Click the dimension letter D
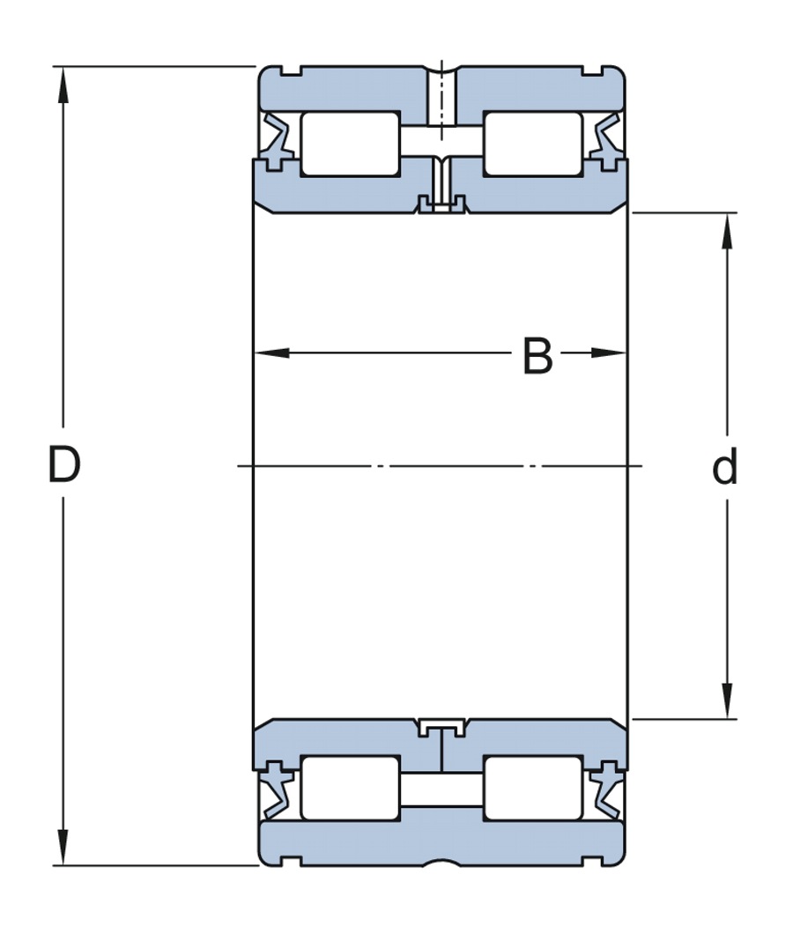tap(64, 465)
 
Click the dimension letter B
tap(537, 357)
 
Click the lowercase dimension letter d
tap(724, 468)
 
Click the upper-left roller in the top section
tap(351, 144)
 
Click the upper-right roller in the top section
tap(532, 144)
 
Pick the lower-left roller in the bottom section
tap(351, 787)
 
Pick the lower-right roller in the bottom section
tap(532, 787)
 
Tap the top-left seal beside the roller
tap(277, 141)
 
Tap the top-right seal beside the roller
tap(606, 141)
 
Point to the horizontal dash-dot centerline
tap(441, 465)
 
